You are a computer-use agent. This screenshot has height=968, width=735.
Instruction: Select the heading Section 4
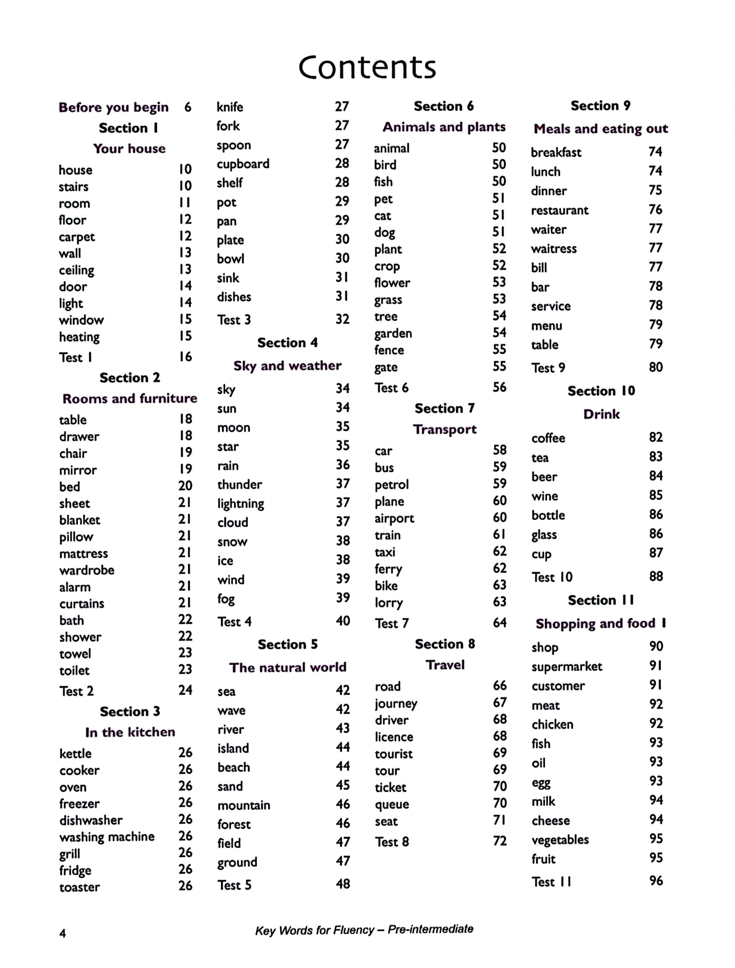287,343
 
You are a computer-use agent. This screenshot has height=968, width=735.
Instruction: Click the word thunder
240,484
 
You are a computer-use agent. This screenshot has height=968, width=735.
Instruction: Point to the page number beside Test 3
342,319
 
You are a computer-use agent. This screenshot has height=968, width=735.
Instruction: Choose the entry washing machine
107,837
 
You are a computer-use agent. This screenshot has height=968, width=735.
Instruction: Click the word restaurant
559,210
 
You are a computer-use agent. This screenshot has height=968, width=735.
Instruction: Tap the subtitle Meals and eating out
601,129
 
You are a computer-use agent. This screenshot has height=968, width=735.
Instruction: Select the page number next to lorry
499,602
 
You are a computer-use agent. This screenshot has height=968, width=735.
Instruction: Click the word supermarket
567,667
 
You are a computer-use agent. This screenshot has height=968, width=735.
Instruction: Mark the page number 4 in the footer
63,933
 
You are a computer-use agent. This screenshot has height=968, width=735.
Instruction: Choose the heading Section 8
445,644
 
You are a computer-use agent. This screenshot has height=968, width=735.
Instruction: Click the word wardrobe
87,570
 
